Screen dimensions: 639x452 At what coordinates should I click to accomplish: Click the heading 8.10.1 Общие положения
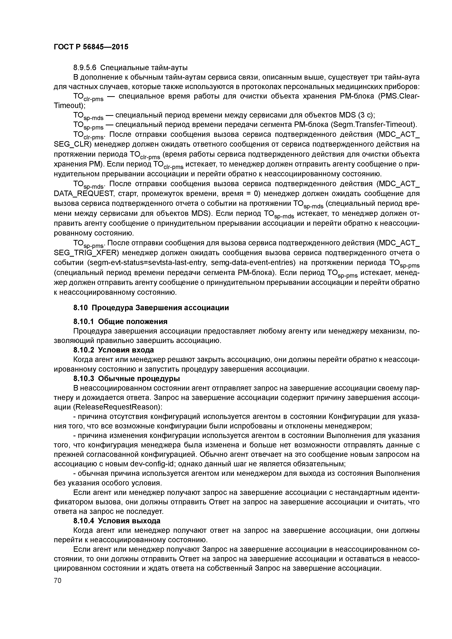[120, 322]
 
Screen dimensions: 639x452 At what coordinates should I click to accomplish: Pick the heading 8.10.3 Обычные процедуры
[126, 379]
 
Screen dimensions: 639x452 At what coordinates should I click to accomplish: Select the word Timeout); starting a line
[69, 106]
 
